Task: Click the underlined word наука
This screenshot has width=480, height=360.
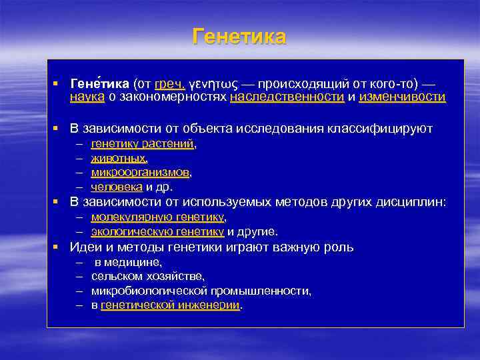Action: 87,97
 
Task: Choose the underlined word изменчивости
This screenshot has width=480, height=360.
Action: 402,97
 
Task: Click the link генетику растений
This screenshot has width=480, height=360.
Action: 143,143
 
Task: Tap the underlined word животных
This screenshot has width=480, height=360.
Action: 118,158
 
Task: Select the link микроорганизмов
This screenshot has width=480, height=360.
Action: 141,173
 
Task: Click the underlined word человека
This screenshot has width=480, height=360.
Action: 116,187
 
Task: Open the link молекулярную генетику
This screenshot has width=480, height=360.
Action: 158,217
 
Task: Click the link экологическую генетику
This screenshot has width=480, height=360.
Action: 157,231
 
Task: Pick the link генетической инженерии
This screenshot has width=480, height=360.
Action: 170,305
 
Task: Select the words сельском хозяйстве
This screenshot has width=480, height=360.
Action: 148,276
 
